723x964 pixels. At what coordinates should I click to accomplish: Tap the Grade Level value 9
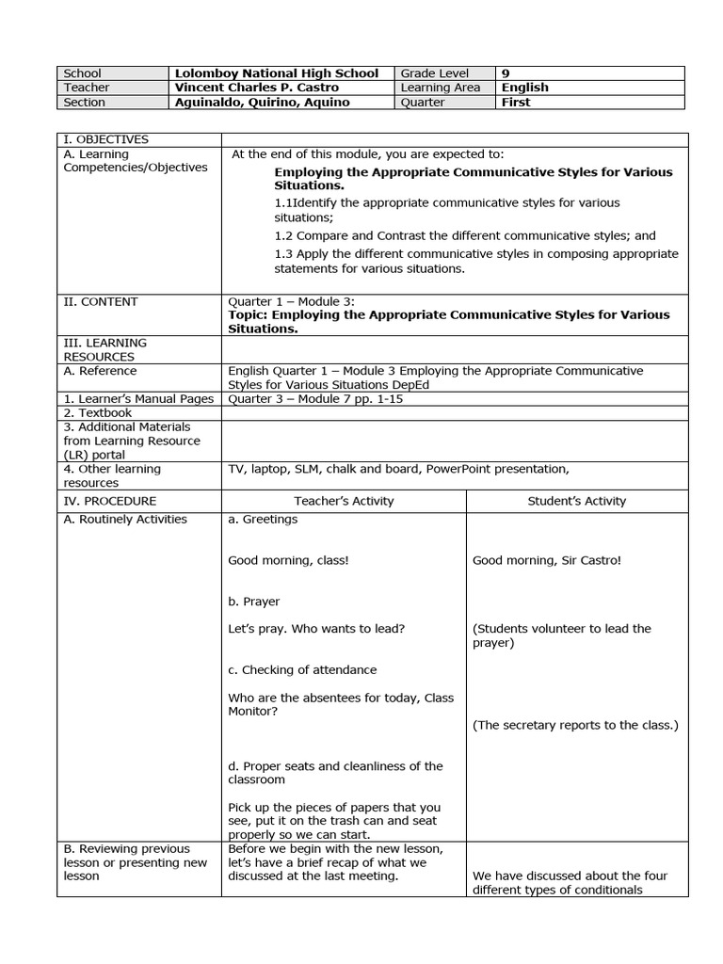(506, 73)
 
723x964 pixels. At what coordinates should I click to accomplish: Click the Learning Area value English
(525, 88)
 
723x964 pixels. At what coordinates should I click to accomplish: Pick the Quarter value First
(516, 103)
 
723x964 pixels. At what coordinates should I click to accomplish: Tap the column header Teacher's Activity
(344, 501)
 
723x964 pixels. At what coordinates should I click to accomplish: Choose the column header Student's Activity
(577, 501)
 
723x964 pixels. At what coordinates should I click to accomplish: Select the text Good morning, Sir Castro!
(546, 560)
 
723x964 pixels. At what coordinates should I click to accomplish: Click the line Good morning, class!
(288, 560)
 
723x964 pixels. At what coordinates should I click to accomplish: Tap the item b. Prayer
(254, 602)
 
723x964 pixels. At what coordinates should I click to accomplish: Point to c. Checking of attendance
(302, 669)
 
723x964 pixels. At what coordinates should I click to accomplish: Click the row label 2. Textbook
(98, 412)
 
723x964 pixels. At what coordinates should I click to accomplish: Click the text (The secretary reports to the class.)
(575, 725)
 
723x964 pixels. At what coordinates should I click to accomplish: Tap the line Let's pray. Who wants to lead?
(316, 628)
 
